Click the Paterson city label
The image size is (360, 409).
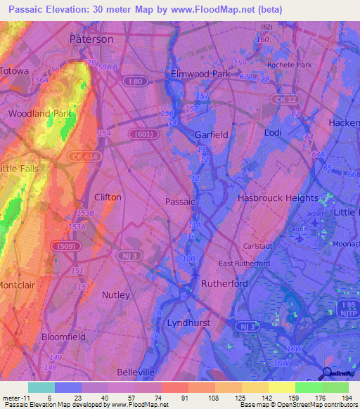(x=91, y=39)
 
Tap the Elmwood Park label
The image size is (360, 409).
(x=200, y=74)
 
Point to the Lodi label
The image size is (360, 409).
(x=272, y=132)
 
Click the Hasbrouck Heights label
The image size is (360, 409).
(x=278, y=198)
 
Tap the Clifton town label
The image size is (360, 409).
(x=108, y=197)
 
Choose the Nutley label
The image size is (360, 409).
(x=116, y=294)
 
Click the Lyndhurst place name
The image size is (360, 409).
(x=190, y=323)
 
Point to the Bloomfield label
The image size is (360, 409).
(x=63, y=337)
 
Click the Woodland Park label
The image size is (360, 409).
(x=40, y=113)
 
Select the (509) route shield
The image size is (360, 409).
(x=60, y=246)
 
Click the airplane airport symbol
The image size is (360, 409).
(x=301, y=238)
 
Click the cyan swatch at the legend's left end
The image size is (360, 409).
(x=41, y=387)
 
